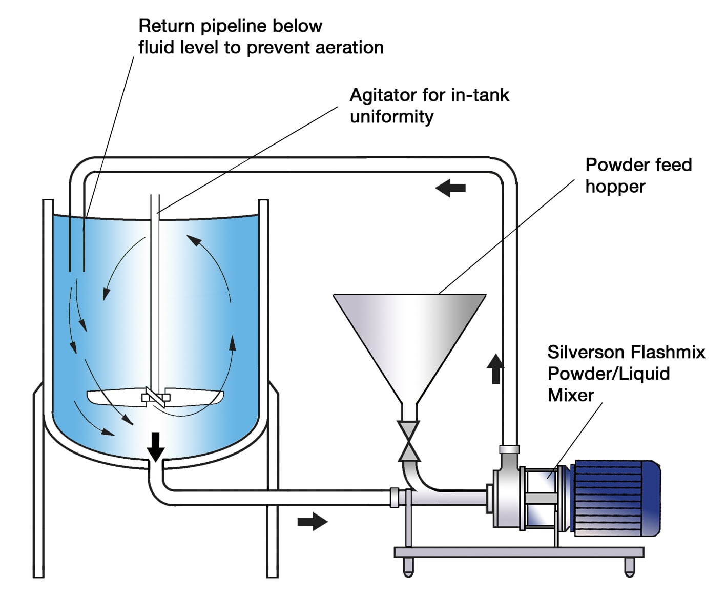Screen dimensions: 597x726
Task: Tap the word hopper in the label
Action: (x=615, y=187)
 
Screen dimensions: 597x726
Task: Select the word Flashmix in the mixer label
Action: (x=667, y=353)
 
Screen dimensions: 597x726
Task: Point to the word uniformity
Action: (x=391, y=117)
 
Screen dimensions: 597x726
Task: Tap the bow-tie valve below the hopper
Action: (x=409, y=441)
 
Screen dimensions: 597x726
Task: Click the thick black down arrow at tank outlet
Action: (x=156, y=446)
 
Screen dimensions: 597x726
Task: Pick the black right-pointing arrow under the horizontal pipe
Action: (x=312, y=522)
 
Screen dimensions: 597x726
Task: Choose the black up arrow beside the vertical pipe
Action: (x=495, y=369)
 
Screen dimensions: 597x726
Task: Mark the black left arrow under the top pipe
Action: (x=450, y=188)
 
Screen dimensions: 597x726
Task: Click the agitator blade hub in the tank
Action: (x=155, y=397)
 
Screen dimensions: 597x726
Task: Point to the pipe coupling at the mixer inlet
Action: (x=394, y=498)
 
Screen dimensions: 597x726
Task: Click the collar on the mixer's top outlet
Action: (x=509, y=449)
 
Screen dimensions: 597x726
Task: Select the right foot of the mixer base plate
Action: (x=630, y=566)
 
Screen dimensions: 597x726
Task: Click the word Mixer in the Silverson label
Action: (x=570, y=396)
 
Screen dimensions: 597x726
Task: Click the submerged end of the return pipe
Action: (x=77, y=269)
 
